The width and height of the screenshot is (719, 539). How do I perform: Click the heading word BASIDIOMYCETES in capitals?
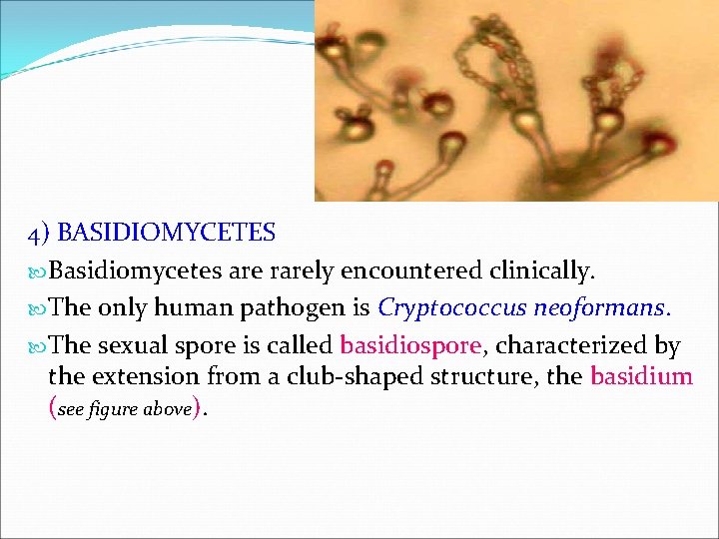pyautogui.click(x=167, y=234)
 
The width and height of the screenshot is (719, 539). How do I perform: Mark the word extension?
pyautogui.click(x=141, y=376)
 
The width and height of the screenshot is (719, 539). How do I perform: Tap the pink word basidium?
pyautogui.click(x=641, y=376)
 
